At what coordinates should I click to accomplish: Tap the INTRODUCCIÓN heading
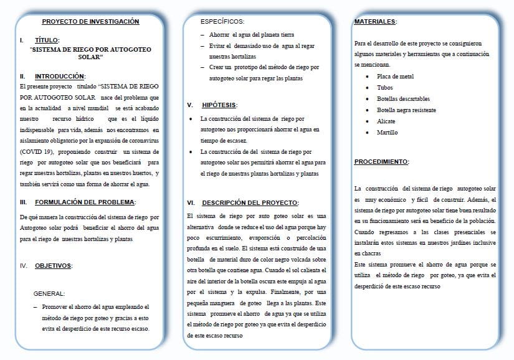coord(59,76)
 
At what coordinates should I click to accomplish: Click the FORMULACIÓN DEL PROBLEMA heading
coord(85,202)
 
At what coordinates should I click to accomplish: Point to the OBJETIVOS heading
coord(53,266)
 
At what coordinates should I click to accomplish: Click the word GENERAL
coord(49,293)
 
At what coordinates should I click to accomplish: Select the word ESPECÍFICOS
coord(222,22)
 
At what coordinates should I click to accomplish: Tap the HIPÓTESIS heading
coord(219,105)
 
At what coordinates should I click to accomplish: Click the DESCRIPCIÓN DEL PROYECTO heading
coord(250,202)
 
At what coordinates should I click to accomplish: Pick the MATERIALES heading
coord(375,22)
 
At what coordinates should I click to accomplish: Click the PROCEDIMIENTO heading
coord(381,162)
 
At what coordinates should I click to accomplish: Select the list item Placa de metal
coord(395,77)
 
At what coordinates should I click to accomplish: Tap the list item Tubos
coord(385,88)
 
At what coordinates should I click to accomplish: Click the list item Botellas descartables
coord(403,99)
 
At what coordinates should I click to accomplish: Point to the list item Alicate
coord(386,121)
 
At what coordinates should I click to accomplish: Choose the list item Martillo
coord(387,133)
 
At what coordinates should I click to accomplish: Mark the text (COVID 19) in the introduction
coord(37,151)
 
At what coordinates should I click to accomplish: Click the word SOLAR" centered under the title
coord(90,57)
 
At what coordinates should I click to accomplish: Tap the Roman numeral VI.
coord(191,202)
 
